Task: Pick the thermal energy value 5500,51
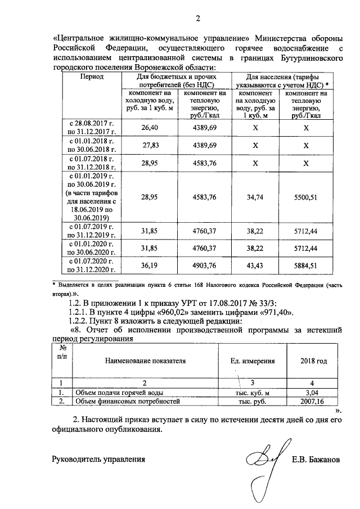click(307, 197)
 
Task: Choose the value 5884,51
click(307, 265)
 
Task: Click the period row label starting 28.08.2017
click(91, 128)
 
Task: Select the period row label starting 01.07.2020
click(91, 265)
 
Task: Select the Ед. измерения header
click(253, 361)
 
